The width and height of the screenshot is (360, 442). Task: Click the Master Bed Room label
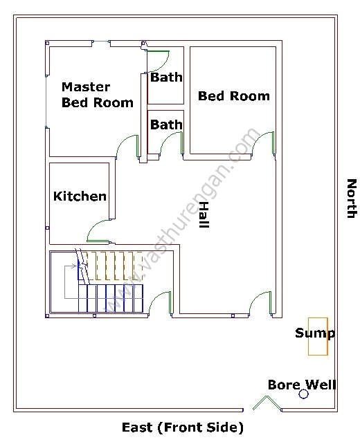point(97,95)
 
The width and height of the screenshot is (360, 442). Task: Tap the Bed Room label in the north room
point(233,96)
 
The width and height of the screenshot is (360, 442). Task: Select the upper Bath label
point(166,77)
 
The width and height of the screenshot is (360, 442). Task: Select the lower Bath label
point(166,125)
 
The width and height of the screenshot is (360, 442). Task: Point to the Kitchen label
point(80,196)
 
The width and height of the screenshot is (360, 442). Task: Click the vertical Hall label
point(204,215)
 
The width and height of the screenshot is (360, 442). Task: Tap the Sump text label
point(314,333)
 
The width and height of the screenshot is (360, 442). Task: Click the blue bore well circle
point(303,394)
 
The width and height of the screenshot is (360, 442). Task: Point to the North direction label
point(351,199)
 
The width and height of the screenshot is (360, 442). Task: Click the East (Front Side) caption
point(182,427)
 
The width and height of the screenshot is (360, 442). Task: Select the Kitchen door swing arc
point(96,231)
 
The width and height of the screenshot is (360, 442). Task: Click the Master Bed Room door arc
point(127,146)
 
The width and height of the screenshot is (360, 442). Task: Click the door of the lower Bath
point(170,143)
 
